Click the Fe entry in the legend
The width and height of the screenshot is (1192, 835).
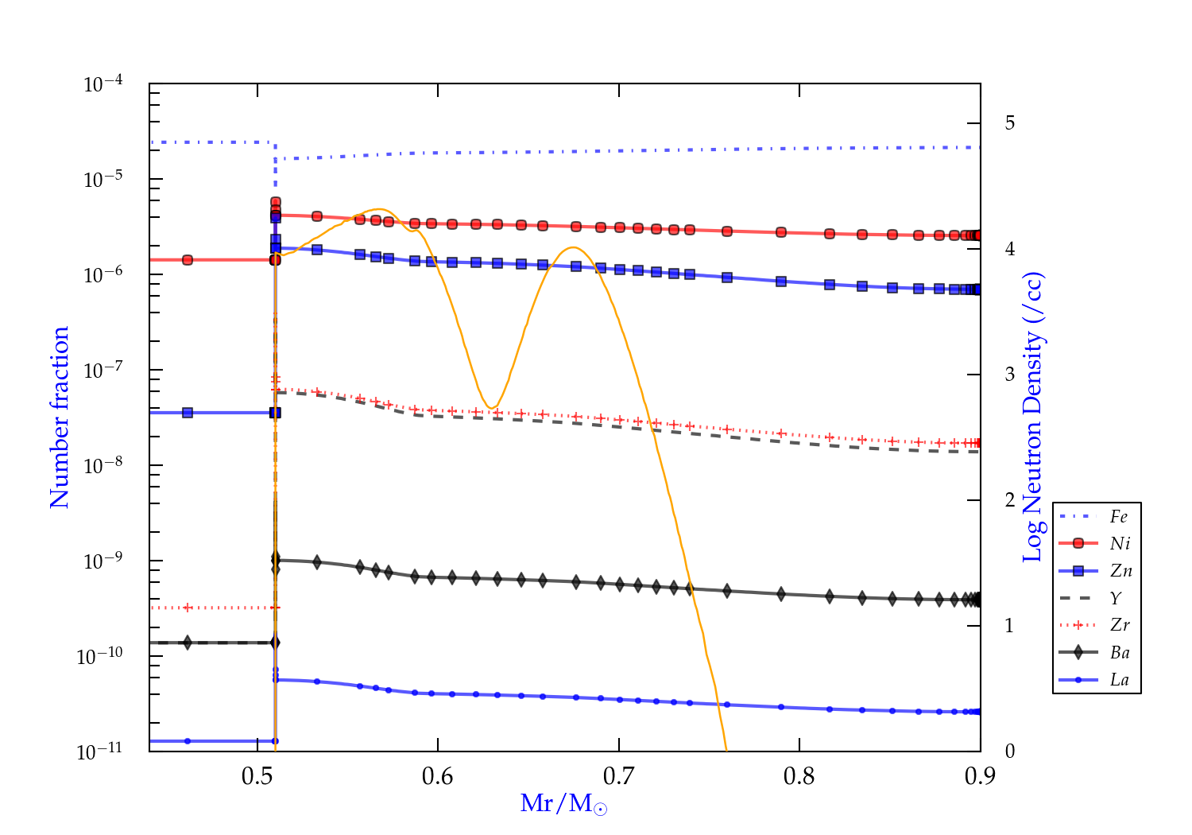[x=1119, y=517]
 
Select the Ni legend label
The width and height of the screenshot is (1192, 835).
[x=1120, y=544]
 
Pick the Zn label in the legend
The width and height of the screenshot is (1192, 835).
[x=1120, y=571]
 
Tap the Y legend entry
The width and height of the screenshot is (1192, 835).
[x=1116, y=598]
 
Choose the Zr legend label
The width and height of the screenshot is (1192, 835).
[x=1120, y=625]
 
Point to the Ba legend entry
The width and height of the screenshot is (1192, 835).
[x=1120, y=653]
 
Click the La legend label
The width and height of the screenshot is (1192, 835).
[x=1119, y=680]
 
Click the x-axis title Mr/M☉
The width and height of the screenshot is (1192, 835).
[x=563, y=804]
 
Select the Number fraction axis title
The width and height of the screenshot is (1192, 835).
[x=60, y=417]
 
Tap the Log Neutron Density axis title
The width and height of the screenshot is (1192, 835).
[x=1032, y=417]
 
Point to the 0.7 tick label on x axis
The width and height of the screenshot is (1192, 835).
[x=618, y=776]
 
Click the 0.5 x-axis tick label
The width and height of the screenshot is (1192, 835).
[x=257, y=776]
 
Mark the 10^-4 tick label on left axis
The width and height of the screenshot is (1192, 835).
[x=103, y=84]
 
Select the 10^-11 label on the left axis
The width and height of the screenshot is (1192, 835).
[x=100, y=751]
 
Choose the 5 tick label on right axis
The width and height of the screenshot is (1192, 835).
[x=1009, y=123]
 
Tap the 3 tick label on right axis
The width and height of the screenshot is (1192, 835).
[x=1009, y=375]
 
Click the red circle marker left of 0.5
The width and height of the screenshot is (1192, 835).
[x=188, y=260]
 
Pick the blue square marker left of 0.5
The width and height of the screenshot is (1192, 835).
[x=188, y=413]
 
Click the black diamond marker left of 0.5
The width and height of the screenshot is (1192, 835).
[x=188, y=643]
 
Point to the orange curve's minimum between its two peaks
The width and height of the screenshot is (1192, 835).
[x=492, y=408]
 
